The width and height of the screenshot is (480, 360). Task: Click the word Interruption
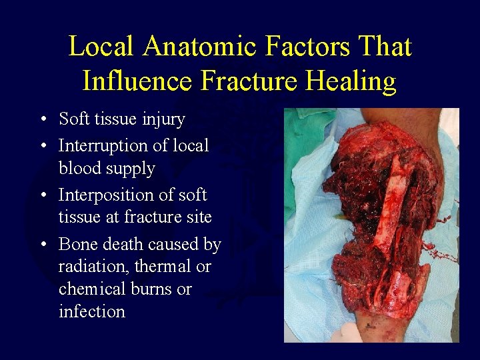(x=106, y=145)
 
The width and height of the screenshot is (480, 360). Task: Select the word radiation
(x=93, y=267)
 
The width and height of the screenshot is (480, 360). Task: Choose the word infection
(x=91, y=311)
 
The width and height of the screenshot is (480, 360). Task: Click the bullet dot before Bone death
(x=42, y=245)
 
